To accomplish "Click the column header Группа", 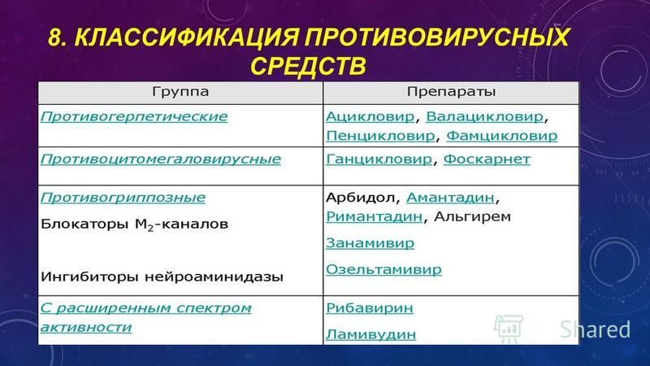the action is click(180, 92).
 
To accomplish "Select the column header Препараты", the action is click(451, 92).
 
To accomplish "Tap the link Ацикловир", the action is click(370, 116).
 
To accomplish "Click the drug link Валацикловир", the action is click(484, 116).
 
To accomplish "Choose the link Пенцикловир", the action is click(380, 136).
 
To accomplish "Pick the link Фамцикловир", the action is click(501, 136).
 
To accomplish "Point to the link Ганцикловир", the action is click(379, 159).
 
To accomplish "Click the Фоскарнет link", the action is click(487, 159).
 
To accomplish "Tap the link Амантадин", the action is click(450, 198).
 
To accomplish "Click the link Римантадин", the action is click(374, 216).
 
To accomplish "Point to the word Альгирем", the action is click(472, 216).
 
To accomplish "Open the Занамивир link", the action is click(370, 242).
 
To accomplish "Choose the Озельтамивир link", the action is click(383, 269).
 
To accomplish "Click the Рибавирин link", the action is click(370, 308).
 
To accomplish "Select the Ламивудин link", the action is click(370, 334).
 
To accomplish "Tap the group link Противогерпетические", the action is click(134, 116).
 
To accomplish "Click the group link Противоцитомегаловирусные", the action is click(160, 159).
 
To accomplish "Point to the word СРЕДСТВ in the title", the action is click(308, 67).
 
